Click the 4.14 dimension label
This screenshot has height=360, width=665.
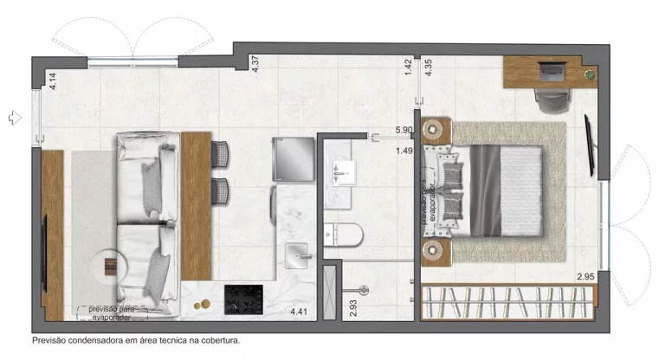52,82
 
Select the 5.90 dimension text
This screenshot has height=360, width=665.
404,130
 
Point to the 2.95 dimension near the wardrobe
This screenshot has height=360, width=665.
587,277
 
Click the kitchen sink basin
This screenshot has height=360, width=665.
299,254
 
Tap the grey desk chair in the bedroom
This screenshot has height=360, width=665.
552,100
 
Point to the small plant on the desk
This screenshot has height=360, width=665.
590,74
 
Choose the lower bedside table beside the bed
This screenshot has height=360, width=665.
436,250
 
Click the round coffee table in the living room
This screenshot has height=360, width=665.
112,265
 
